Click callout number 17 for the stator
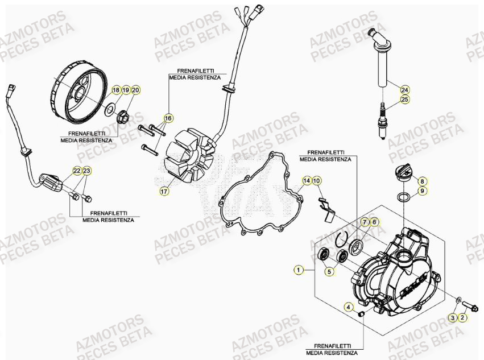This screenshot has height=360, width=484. tap(164, 192)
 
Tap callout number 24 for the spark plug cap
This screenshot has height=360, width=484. tap(404, 90)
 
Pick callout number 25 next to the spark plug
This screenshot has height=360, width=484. tap(404, 100)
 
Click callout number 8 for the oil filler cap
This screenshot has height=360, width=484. tap(422, 181)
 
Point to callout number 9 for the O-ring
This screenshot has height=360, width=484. tap(422, 191)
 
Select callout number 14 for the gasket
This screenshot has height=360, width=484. tap(307, 181)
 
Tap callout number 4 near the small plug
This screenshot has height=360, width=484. tap(348, 307)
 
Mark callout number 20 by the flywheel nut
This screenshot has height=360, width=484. tap(135, 90)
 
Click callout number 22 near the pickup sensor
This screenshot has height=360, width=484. tap(77, 171)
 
